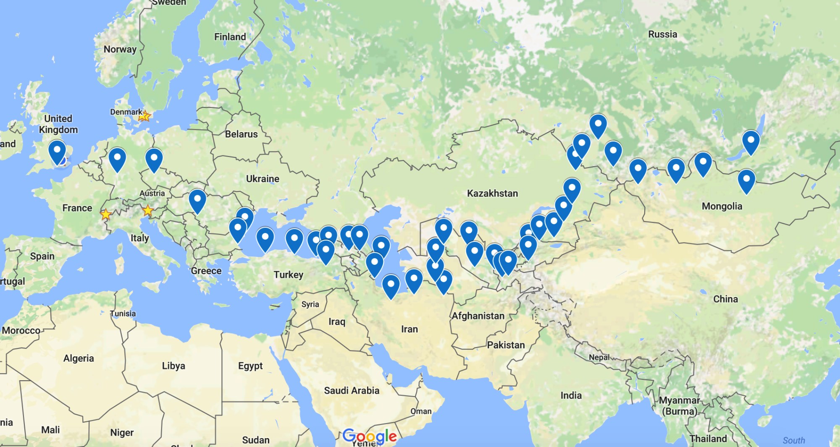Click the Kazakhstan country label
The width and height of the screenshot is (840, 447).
tap(492, 193)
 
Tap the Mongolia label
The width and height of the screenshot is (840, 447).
tap(722, 206)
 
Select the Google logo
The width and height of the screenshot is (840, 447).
tap(369, 436)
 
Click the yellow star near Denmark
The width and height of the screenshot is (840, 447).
tap(144, 116)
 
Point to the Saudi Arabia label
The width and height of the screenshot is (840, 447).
tap(352, 390)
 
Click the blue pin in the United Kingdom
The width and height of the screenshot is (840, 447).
tap(57, 151)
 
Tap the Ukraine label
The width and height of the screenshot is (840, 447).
tap(262, 179)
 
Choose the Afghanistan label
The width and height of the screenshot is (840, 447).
tap(478, 316)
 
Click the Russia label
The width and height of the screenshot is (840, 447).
tap(662, 34)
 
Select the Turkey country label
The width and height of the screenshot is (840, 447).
tap(288, 274)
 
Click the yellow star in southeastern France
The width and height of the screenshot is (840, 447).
tap(106, 214)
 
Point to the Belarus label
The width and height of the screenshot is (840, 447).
tap(241, 134)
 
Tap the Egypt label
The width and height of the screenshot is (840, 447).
tap(250, 366)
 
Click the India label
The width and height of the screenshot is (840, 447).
tap(571, 395)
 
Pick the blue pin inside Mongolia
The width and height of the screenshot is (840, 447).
tap(746, 180)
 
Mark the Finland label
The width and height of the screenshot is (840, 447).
tap(230, 37)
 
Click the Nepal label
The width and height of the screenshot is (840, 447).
tap(599, 357)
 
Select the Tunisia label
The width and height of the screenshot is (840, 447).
tap(123, 314)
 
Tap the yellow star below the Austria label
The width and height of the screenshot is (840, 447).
tap(147, 210)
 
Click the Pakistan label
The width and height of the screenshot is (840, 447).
tap(506, 345)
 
